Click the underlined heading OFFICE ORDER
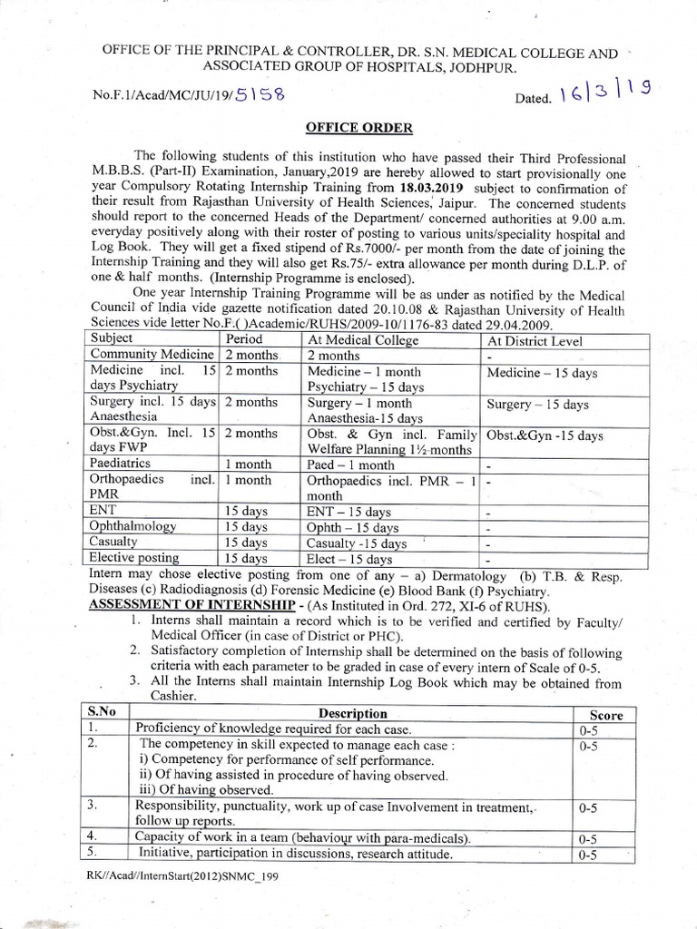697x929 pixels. [x=350, y=128]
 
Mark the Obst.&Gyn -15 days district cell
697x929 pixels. [x=545, y=435]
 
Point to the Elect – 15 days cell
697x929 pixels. [x=349, y=559]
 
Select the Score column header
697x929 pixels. [x=605, y=715]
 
